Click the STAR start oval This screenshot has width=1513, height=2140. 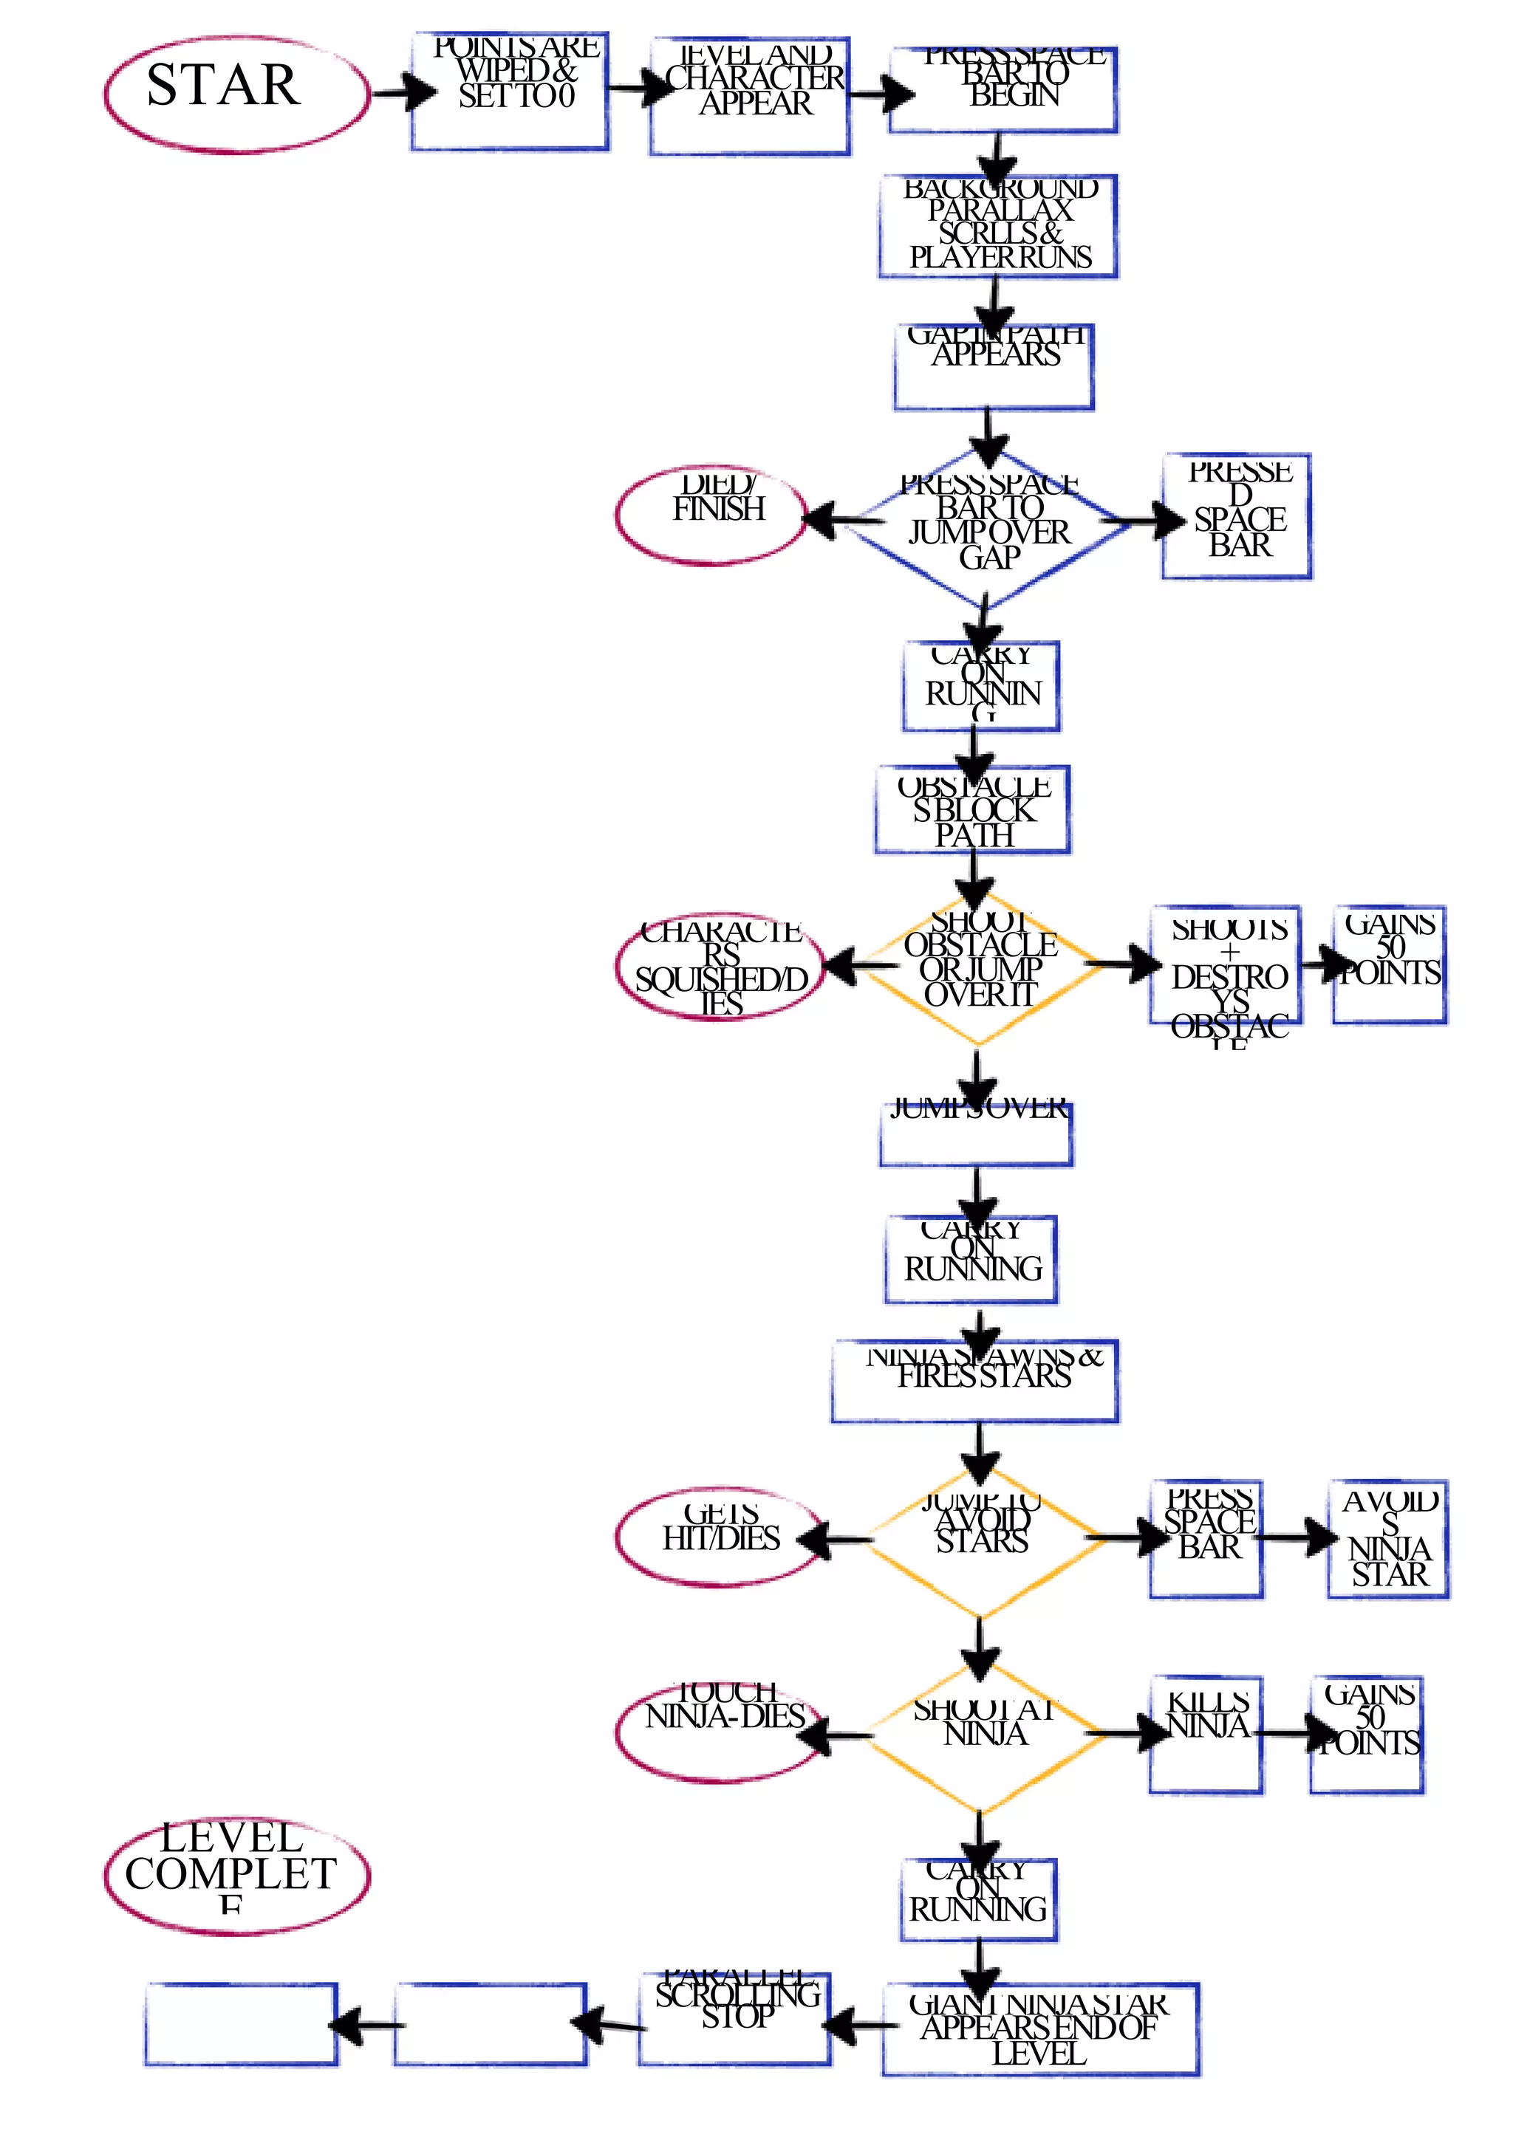(x=236, y=94)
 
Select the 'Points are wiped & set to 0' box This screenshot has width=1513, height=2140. (x=510, y=92)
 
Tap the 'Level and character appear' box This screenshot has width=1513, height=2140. (x=750, y=96)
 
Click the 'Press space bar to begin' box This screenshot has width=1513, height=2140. (x=1003, y=90)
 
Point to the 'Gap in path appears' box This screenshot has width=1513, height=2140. (x=993, y=366)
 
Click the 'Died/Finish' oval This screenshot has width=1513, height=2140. (x=711, y=515)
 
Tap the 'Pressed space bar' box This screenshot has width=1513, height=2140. (x=1236, y=515)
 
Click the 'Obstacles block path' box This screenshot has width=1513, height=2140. (x=972, y=809)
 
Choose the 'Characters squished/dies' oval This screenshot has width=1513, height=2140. (x=719, y=967)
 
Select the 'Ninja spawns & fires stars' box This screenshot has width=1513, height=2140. (x=974, y=1382)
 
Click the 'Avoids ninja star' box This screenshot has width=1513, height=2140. (x=1387, y=1539)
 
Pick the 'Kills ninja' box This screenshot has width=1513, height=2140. (x=1206, y=1734)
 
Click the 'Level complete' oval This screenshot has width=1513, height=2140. (x=236, y=1876)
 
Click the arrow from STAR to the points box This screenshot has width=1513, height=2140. (x=403, y=92)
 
